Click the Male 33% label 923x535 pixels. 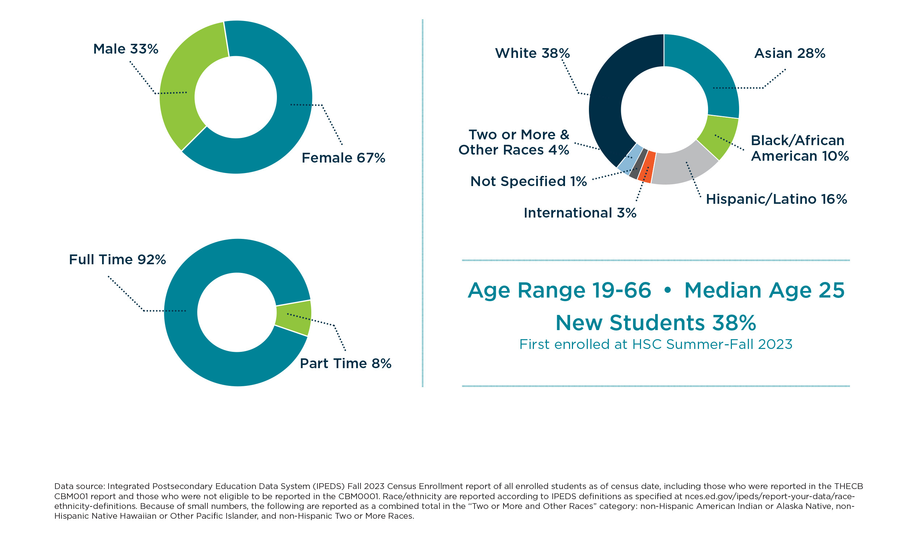[126, 49]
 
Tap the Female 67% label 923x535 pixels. [343, 158]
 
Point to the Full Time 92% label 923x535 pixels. [117, 260]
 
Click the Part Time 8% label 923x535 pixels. [345, 364]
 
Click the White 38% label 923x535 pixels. [532, 54]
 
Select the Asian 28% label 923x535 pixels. [789, 54]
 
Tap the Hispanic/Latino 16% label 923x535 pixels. [776, 199]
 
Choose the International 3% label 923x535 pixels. [580, 213]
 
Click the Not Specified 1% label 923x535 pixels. [528, 182]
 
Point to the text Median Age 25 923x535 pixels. [764, 290]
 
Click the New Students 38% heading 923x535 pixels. [656, 323]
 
